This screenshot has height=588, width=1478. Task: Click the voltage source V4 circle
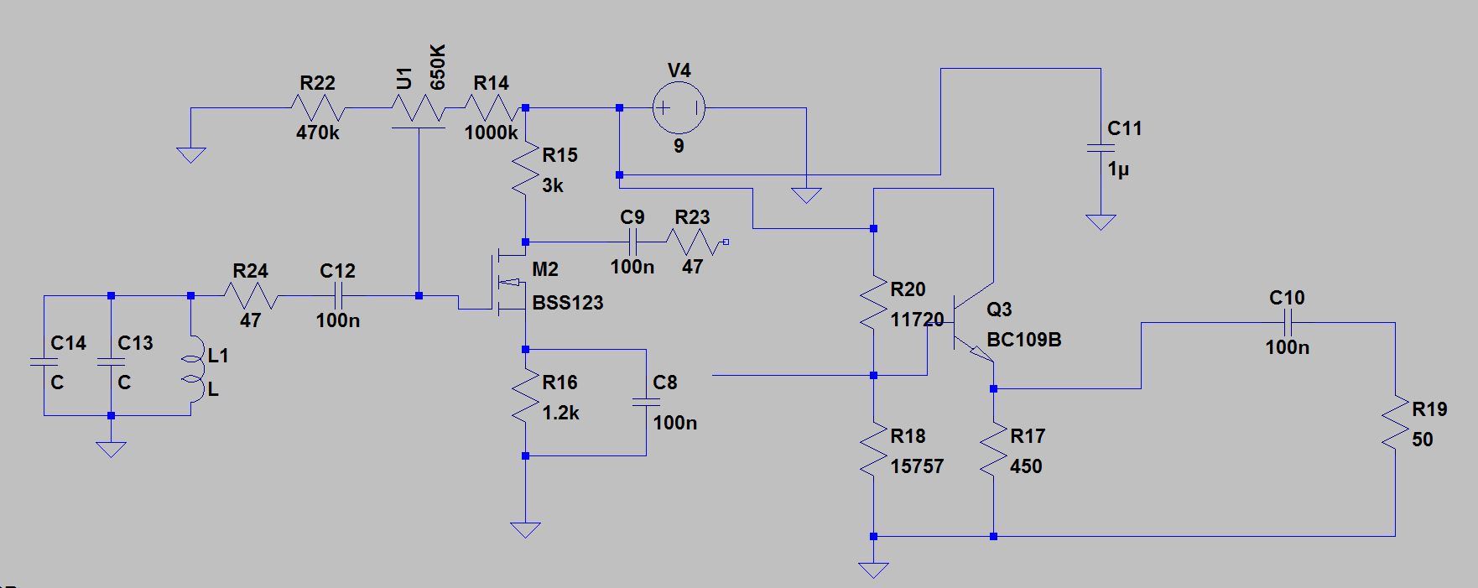pos(679,108)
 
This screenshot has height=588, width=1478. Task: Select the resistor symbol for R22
pos(317,108)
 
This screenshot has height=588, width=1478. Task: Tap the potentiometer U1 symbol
pos(419,109)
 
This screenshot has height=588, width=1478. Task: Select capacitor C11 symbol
pos(1101,148)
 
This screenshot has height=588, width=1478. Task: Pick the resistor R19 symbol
pos(1395,424)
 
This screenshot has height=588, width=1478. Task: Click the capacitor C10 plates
pos(1288,323)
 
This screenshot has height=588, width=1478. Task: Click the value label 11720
pos(917,320)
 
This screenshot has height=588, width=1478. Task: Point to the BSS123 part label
pos(568,303)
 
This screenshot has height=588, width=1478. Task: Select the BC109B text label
pos(1024,340)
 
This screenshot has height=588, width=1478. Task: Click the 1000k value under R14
pos(491,133)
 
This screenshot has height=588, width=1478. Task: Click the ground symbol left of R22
pos(191,154)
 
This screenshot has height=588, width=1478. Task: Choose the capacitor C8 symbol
pos(646,403)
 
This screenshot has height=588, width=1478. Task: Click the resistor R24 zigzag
pos(251,296)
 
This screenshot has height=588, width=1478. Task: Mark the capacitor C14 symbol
pos(44,362)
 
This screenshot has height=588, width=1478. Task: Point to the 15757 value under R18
pos(917,466)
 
